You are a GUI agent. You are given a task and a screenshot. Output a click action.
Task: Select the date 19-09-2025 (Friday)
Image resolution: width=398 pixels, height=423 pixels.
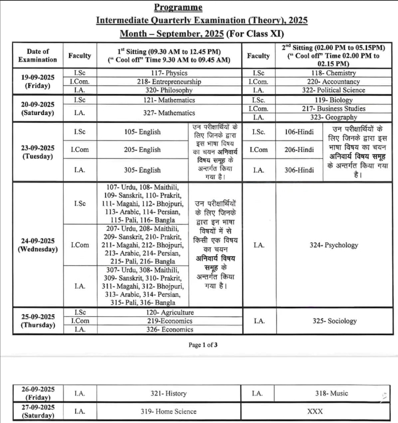click(38, 81)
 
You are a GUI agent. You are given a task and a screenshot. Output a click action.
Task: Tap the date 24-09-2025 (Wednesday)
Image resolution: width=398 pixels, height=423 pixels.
click(38, 245)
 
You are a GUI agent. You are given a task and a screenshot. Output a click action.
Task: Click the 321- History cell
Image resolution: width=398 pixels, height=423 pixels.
click(169, 393)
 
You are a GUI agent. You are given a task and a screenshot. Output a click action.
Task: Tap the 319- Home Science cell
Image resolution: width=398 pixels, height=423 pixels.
click(169, 411)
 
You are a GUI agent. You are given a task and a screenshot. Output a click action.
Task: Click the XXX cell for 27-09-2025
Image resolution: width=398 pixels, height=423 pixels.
click(315, 411)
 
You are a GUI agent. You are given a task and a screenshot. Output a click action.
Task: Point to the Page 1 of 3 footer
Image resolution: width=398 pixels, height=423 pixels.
click(203, 345)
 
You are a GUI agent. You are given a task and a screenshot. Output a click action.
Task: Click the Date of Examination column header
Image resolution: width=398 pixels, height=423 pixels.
click(38, 55)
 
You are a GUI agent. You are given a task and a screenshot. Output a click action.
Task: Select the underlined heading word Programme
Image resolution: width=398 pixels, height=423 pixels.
click(178, 7)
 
